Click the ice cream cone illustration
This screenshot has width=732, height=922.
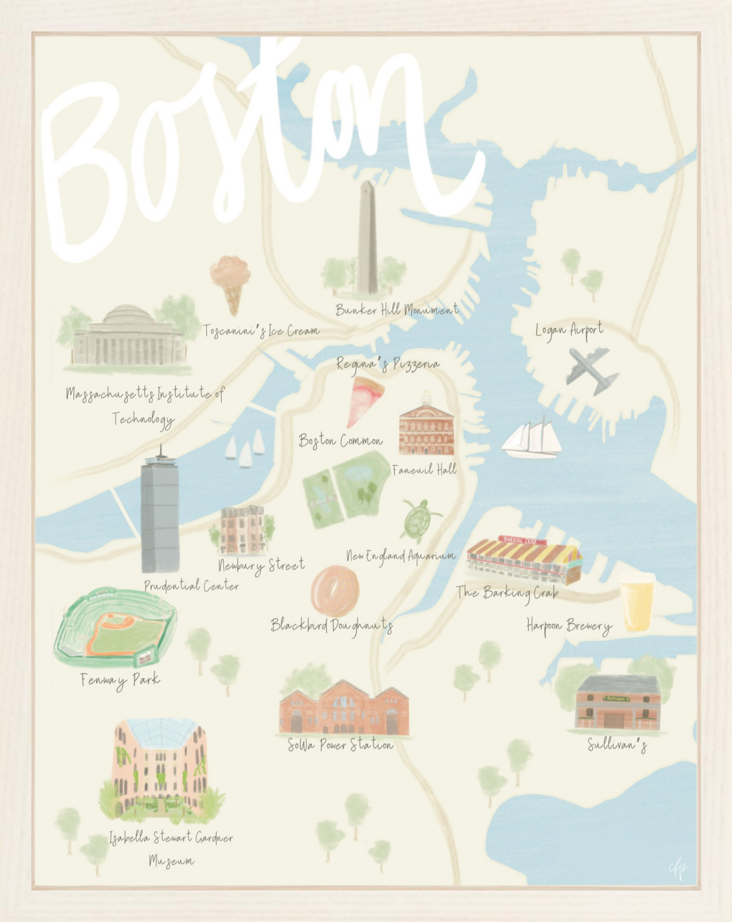[x=231, y=284]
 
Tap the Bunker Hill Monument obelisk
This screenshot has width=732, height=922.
[x=367, y=240]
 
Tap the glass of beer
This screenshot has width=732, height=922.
[x=637, y=602]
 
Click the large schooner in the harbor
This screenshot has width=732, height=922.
[x=532, y=438]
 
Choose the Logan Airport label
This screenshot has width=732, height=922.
[x=569, y=330]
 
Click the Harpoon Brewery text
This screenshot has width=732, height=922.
[x=569, y=626]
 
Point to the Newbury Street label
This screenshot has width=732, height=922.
[x=261, y=564]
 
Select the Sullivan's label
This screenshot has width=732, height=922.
[x=617, y=745]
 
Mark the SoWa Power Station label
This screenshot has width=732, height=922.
[x=340, y=745]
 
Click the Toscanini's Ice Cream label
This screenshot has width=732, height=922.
[x=261, y=331]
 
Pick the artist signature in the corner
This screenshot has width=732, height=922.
[x=678, y=869]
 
